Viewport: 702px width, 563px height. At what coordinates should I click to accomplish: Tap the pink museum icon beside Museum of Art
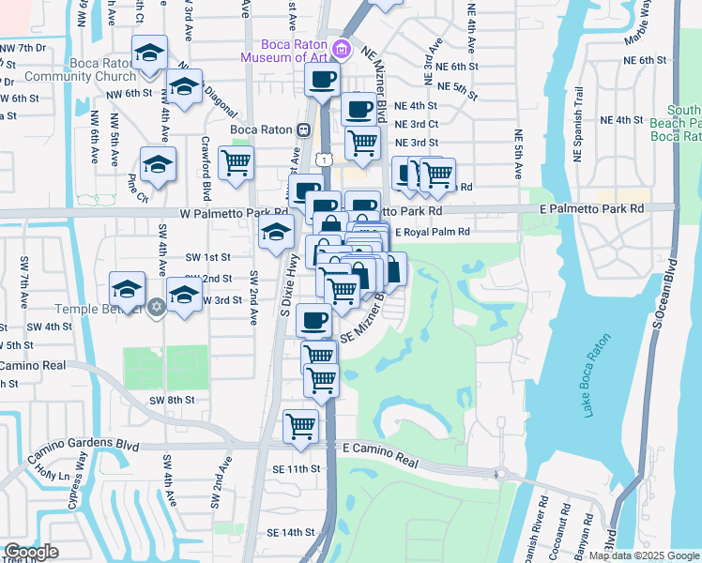point(341,50)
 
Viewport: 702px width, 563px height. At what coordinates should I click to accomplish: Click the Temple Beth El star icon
point(157,308)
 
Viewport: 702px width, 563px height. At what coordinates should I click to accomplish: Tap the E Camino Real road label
point(380,451)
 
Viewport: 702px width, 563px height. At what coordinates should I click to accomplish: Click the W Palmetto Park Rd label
point(225,213)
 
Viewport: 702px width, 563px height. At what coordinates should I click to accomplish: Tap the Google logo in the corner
point(31,552)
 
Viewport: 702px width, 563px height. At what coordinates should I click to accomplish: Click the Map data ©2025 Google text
point(644,555)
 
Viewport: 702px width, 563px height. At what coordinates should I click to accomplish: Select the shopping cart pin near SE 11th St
point(300,425)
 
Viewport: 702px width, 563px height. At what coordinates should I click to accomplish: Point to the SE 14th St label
point(290,532)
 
